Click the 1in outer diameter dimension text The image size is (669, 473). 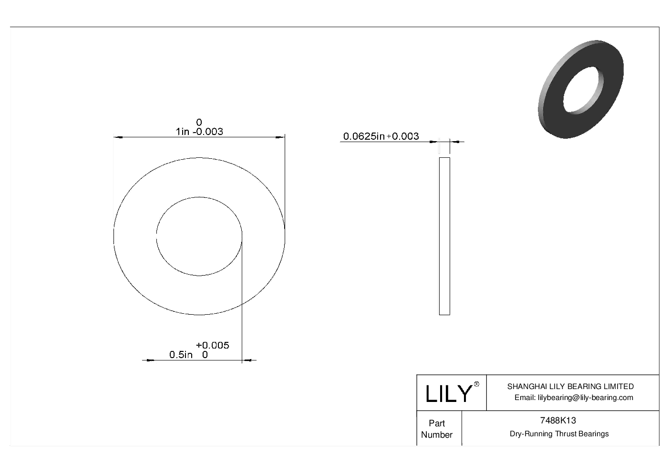[x=183, y=132]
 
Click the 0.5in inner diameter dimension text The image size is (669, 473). [x=181, y=355]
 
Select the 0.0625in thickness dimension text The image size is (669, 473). [x=364, y=136]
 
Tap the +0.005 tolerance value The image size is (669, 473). [x=213, y=345]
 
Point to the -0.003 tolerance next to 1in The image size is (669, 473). [x=208, y=132]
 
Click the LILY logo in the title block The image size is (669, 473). [x=448, y=394]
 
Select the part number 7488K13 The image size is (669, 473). [x=557, y=421]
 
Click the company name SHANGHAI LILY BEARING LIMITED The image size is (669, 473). [x=570, y=387]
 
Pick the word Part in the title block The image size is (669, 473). [x=436, y=423]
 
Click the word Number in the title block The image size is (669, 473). [x=436, y=435]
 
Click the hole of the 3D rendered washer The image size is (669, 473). [x=583, y=90]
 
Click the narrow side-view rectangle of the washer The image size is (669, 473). [x=444, y=236]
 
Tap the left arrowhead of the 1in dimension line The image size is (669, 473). [x=117, y=138]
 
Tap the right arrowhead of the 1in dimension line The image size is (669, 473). [x=281, y=138]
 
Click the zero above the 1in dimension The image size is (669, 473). [x=199, y=123]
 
